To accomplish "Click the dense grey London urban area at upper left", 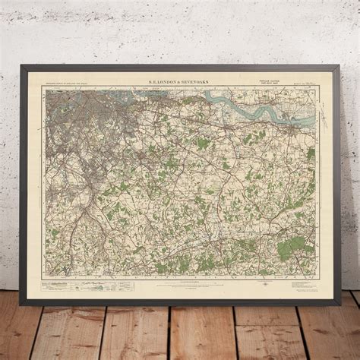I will tap(72, 110).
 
